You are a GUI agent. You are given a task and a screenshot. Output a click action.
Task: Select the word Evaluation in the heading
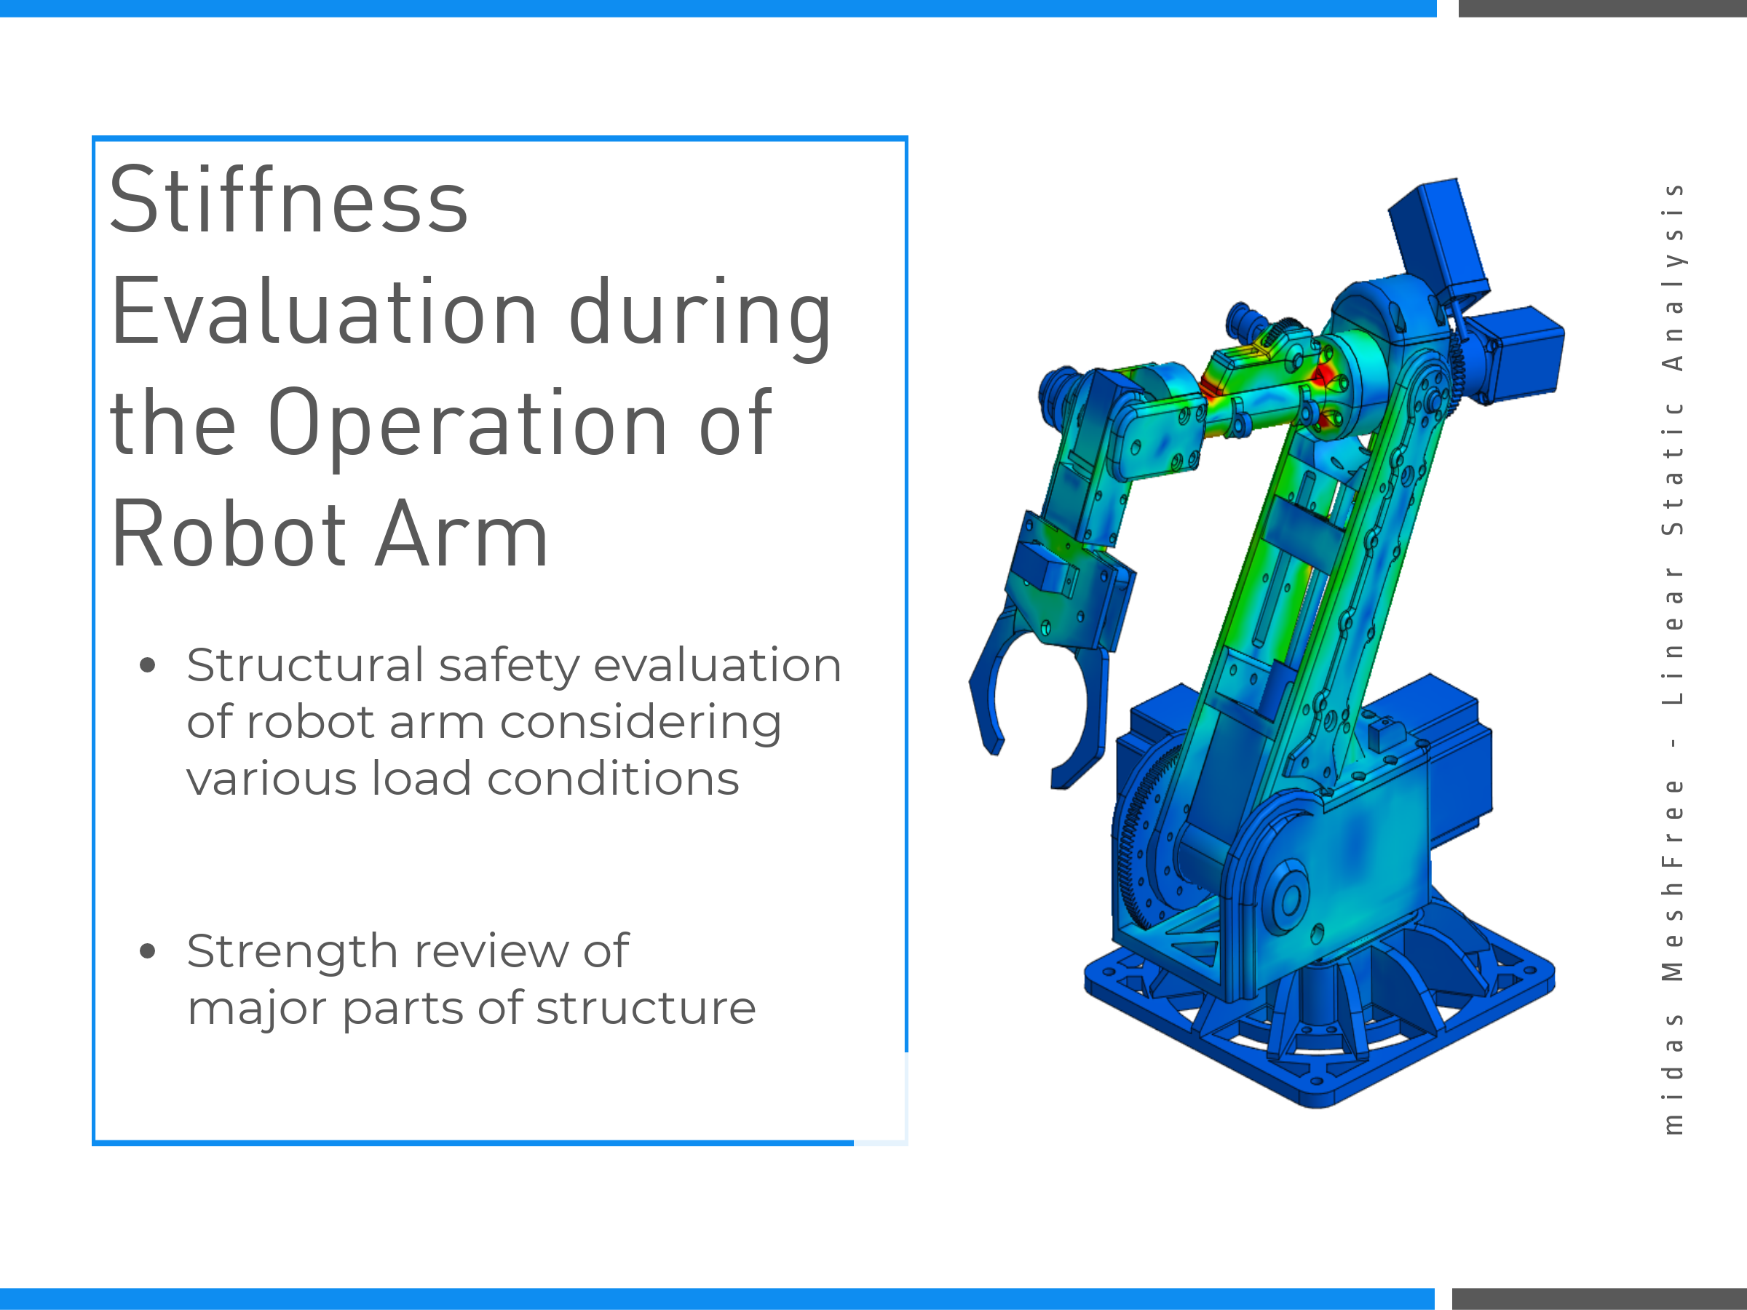(x=324, y=313)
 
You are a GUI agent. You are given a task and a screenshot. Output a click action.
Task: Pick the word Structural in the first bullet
(x=306, y=665)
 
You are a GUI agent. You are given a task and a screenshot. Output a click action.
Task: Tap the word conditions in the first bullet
(x=613, y=779)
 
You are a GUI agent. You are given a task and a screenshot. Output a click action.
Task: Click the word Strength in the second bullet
(x=291, y=951)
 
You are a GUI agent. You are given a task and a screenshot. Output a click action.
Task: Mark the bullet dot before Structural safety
(x=148, y=666)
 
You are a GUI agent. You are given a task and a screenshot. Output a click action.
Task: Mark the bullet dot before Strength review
(x=148, y=951)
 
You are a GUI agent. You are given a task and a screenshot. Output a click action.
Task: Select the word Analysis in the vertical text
(x=1673, y=277)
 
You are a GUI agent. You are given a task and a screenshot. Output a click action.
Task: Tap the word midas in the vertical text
(x=1673, y=1075)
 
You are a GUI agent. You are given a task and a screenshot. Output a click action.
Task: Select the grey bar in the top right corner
(x=1602, y=8)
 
